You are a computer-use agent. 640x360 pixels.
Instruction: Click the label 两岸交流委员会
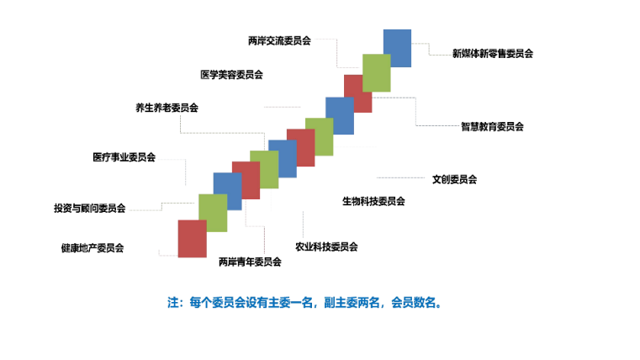[279, 41]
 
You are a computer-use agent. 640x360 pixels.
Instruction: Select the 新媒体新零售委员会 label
[493, 54]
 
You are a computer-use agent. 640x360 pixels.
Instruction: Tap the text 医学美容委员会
[231, 75]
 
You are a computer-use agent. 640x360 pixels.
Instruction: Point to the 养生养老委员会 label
[167, 108]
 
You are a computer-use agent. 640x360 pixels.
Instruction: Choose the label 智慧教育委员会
[492, 126]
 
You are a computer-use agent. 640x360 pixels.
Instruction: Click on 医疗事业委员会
[124, 157]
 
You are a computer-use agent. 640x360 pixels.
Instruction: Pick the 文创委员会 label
[454, 179]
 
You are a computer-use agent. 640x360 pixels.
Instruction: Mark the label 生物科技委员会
[373, 201]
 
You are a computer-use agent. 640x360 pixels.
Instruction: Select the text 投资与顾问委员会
[89, 208]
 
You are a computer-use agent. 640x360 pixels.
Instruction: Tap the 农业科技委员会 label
[326, 246]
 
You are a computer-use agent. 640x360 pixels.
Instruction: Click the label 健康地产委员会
[93, 248]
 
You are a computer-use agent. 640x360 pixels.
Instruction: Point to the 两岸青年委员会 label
[250, 262]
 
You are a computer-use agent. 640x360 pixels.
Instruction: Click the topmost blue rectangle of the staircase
[397, 48]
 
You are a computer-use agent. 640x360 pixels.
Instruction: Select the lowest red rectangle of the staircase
[193, 239]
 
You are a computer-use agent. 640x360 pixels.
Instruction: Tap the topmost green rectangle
[376, 73]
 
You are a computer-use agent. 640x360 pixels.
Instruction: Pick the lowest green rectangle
[213, 213]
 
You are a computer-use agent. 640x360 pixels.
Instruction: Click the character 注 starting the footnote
[173, 303]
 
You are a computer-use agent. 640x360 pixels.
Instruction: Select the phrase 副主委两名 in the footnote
[352, 303]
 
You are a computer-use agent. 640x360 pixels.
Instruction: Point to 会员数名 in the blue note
[413, 303]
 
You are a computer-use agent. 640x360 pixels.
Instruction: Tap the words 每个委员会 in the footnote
[217, 303]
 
